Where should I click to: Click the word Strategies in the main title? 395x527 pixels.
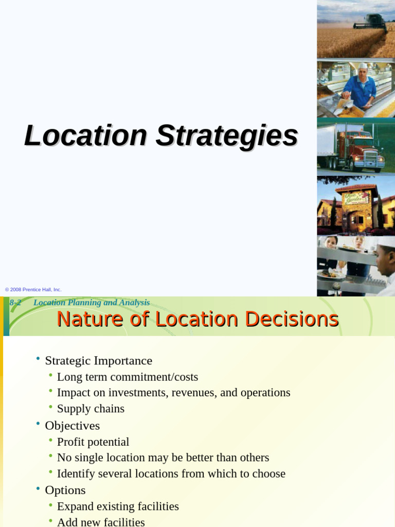(x=227, y=136)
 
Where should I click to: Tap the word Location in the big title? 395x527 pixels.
(x=86, y=136)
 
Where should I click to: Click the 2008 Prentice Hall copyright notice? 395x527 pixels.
(x=33, y=290)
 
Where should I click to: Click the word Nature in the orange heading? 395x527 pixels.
(x=86, y=319)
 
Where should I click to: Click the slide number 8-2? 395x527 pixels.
(x=15, y=303)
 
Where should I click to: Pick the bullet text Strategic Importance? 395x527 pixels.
(x=99, y=361)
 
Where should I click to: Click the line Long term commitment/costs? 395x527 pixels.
(x=128, y=377)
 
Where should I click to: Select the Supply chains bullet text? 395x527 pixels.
(x=91, y=409)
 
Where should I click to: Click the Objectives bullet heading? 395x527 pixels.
(x=72, y=426)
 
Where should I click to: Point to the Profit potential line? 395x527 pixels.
(x=93, y=442)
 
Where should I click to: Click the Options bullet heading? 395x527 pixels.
(x=65, y=490)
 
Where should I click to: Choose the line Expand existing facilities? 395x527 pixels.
(x=118, y=506)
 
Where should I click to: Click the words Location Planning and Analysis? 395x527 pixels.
(x=92, y=303)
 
